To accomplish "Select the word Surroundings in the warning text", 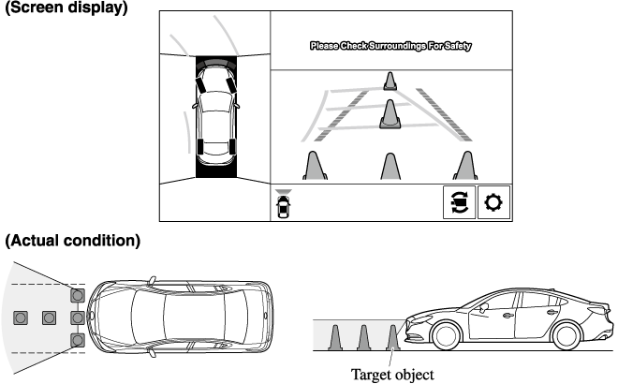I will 388,45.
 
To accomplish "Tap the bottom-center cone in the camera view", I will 390,165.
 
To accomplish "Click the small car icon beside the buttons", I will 285,206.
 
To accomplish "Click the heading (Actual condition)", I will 73,241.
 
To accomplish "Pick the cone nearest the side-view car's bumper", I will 393,337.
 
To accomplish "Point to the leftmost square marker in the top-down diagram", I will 21,318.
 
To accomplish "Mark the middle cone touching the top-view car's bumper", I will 78,318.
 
